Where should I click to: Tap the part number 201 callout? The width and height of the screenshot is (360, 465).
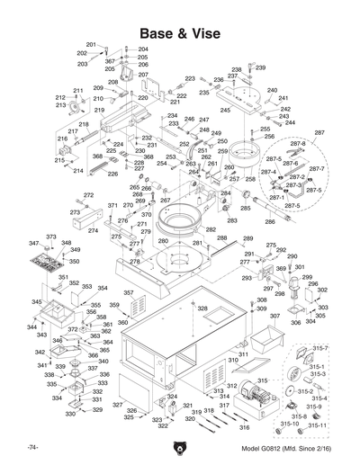(x=91, y=45)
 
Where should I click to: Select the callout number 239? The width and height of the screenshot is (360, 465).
(x=261, y=67)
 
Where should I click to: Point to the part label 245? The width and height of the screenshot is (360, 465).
(x=225, y=111)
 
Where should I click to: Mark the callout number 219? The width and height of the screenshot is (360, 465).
(x=99, y=111)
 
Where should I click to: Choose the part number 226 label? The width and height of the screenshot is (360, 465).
(x=112, y=174)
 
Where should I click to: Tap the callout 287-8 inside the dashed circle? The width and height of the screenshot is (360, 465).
(x=297, y=144)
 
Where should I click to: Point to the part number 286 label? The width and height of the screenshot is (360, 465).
(x=269, y=221)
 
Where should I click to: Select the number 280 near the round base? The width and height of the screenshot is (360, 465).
(x=162, y=241)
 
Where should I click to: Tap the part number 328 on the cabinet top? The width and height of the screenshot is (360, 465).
(x=202, y=309)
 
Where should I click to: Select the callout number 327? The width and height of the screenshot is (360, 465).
(x=117, y=406)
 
